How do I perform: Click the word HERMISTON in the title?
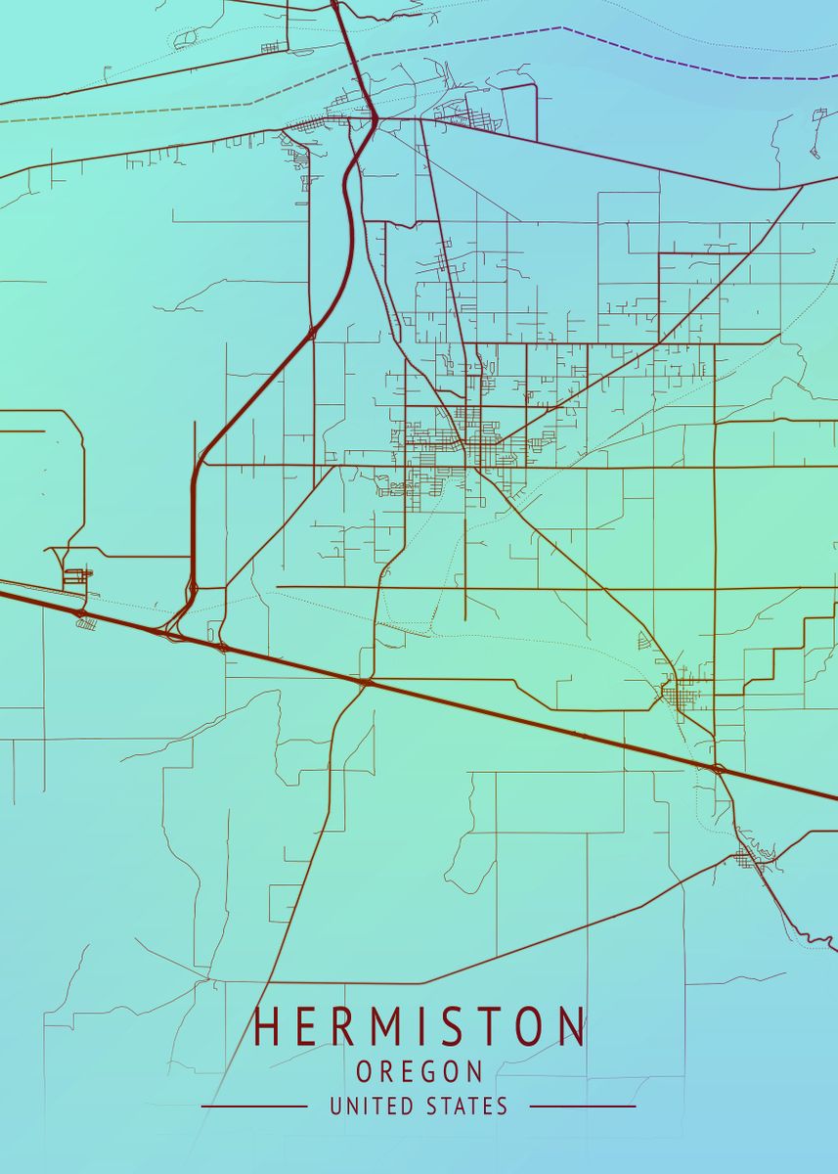(x=419, y=1026)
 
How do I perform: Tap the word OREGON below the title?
(x=419, y=1072)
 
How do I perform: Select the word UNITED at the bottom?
(x=367, y=1106)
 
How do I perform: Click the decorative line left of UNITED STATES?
(x=254, y=1106)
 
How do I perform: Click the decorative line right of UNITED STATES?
(x=583, y=1106)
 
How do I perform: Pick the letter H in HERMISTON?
(x=266, y=1026)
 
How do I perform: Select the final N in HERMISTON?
(x=571, y=1026)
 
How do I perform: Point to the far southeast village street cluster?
(x=750, y=859)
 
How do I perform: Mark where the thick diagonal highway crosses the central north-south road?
(x=364, y=681)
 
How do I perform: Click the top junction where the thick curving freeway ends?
(x=375, y=119)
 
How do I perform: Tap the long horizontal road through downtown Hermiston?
(x=587, y=468)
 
